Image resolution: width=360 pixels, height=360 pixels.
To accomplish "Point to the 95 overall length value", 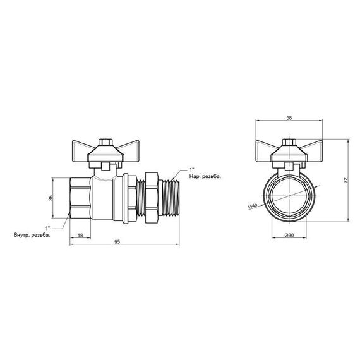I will tap(118, 243).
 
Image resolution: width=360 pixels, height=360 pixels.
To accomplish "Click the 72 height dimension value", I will tap(346, 181).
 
